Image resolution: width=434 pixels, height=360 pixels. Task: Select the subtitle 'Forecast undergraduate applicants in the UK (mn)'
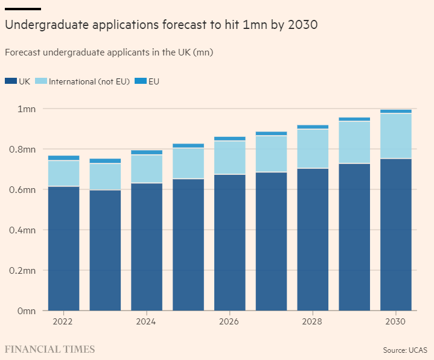pos(109,52)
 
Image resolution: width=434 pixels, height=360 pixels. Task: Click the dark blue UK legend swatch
pos(10,81)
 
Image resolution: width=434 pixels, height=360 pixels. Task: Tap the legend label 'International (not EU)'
pos(89,81)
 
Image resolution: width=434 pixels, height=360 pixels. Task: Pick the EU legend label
pos(153,81)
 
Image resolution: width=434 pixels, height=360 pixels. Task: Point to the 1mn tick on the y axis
pos(27,109)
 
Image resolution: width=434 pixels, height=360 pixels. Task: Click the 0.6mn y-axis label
pos(23,190)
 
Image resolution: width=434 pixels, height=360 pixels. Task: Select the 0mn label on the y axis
pos(27,311)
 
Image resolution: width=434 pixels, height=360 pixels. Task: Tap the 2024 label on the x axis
pos(146,322)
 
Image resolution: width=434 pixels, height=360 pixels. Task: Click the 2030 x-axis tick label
pos(395,322)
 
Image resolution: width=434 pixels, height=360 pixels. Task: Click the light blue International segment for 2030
pos(395,136)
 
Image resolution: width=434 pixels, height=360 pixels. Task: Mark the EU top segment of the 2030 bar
pos(395,111)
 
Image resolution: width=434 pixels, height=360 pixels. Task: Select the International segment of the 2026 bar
pos(229,157)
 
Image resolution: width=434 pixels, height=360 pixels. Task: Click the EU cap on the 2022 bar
pos(63,158)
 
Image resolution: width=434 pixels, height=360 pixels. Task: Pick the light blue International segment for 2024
pos(146,169)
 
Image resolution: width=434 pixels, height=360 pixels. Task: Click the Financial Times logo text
pos(49,349)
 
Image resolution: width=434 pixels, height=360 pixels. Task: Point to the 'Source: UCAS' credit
pos(406,350)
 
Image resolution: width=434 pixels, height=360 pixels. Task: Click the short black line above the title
pos(22,9)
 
